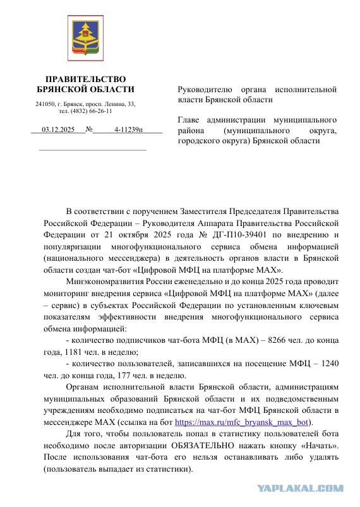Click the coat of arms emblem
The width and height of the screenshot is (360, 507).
coord(85,39)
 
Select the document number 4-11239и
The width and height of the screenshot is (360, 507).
coord(128,129)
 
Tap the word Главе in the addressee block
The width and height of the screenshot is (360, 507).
coord(189,119)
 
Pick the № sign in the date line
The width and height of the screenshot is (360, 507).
coord(89,129)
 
